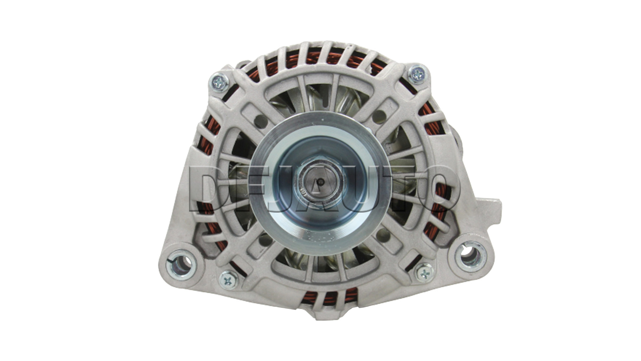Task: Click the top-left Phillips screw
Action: coord(219,82)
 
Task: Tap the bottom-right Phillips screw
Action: coord(425,272)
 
